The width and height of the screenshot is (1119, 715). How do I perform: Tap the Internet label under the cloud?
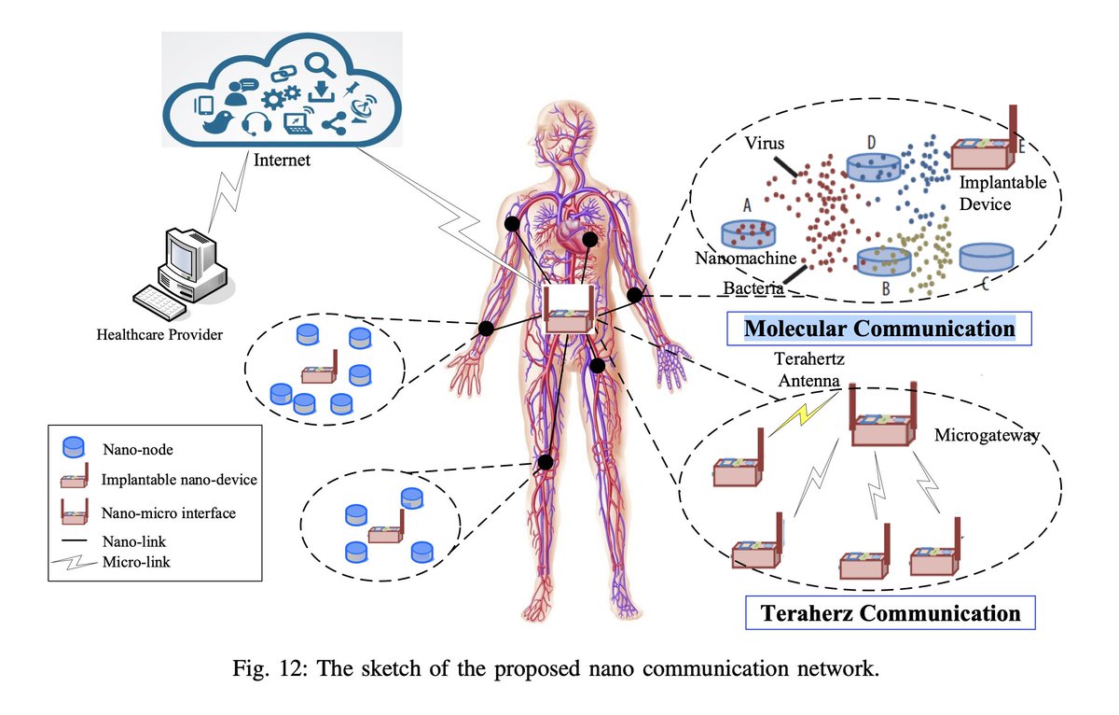[x=282, y=161]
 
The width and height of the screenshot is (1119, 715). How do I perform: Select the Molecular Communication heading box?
[x=878, y=329]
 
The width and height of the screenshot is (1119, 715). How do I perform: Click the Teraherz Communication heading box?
[x=891, y=613]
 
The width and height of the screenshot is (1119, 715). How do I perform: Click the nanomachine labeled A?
[x=752, y=233]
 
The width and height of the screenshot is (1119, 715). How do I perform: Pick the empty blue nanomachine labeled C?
[x=986, y=257]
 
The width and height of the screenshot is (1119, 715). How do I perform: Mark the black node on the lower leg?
[x=546, y=461]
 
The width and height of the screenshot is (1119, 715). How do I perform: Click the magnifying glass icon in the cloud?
[x=320, y=65]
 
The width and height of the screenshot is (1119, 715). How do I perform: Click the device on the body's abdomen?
[x=569, y=312]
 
